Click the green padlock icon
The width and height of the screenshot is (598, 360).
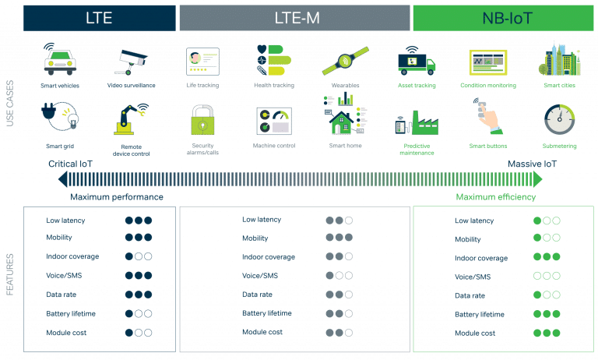(x=202, y=121)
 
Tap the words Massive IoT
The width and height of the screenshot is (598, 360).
(x=533, y=164)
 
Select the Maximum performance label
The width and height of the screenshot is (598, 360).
(x=117, y=197)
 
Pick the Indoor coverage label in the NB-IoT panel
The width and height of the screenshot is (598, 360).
(x=481, y=258)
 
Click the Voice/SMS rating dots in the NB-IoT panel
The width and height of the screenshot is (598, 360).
(x=547, y=276)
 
